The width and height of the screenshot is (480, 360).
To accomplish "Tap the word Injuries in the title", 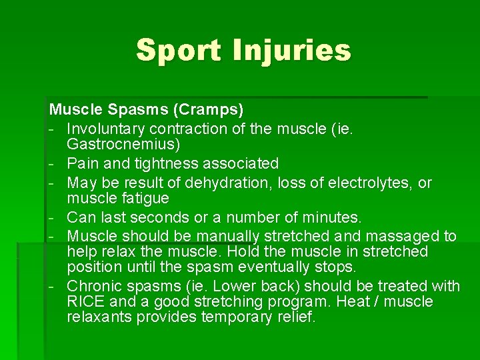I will [291, 50].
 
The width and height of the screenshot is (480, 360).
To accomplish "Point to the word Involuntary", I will [107, 127].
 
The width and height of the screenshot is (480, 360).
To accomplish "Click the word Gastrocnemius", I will [123, 143].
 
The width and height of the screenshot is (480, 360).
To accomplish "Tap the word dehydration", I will [240, 183].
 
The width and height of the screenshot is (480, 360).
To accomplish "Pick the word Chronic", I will [93, 286].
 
